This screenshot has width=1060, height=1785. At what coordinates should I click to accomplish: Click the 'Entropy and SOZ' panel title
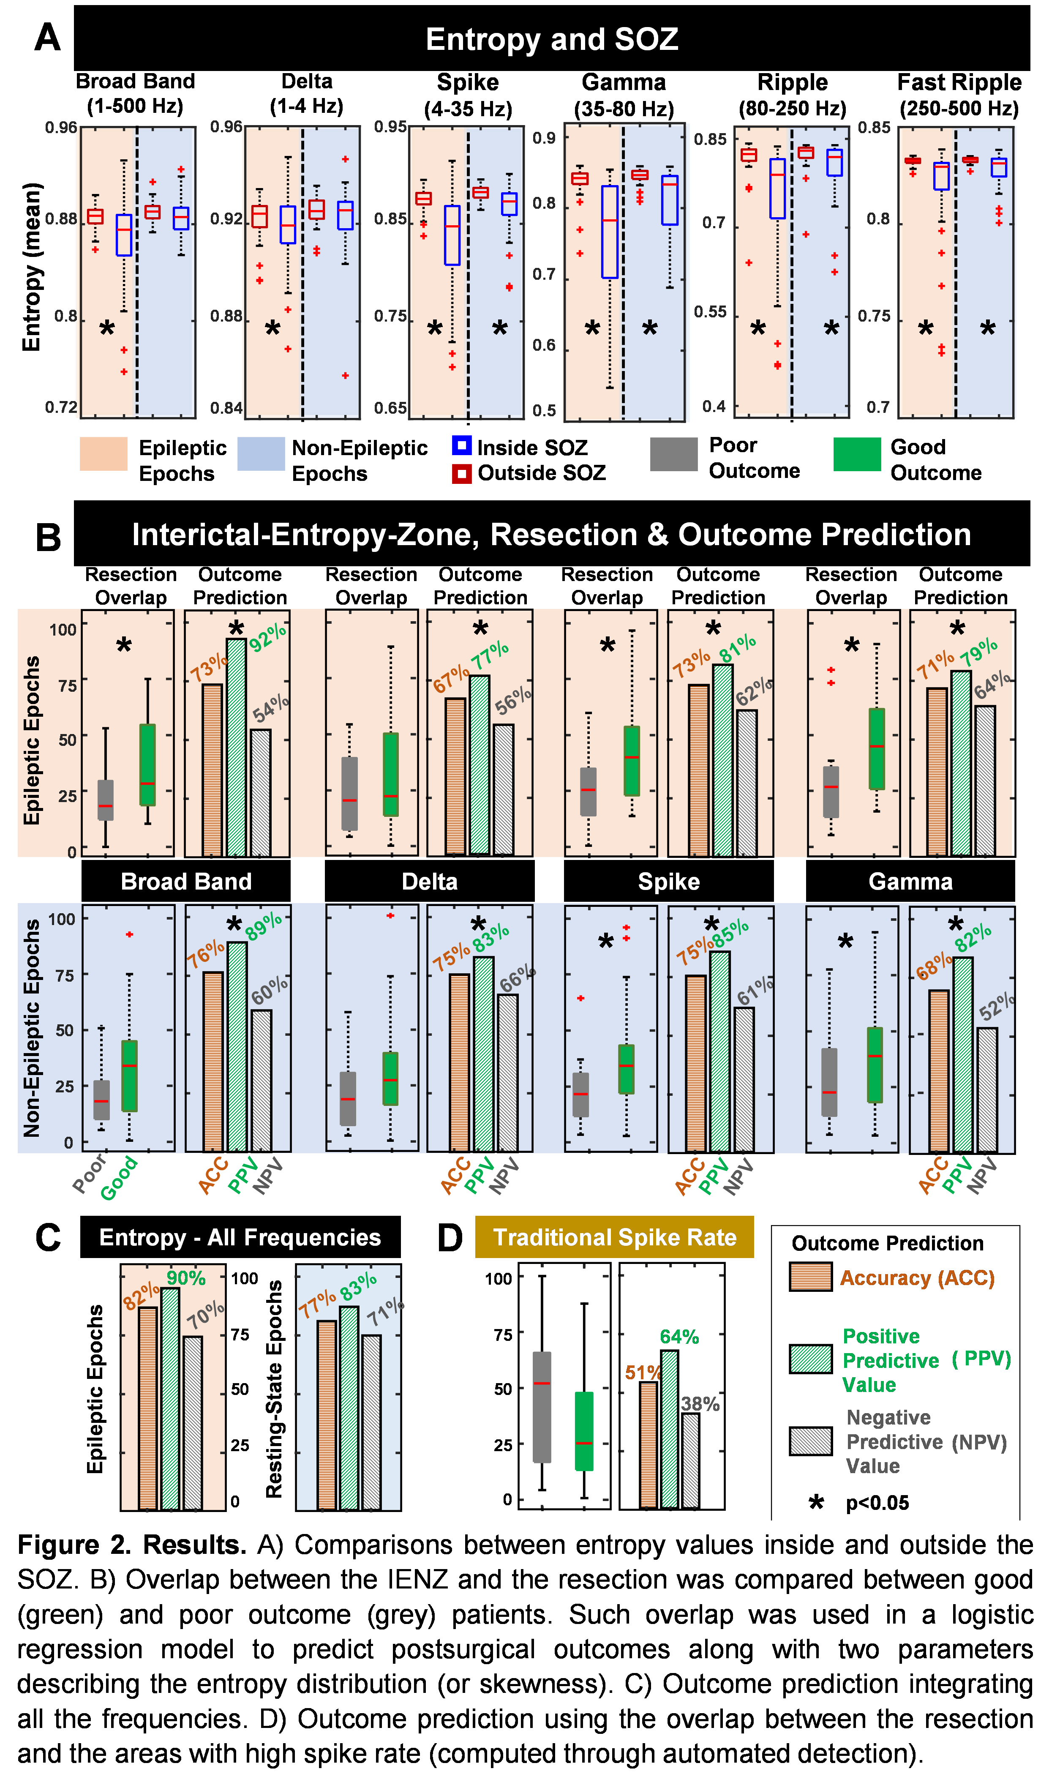(551, 39)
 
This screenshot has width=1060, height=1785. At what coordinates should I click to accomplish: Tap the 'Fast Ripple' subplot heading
(959, 83)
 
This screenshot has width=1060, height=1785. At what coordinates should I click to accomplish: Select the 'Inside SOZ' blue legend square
(461, 446)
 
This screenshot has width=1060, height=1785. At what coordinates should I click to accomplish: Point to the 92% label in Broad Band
(268, 636)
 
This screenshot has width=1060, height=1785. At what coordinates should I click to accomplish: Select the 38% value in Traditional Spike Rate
(700, 1403)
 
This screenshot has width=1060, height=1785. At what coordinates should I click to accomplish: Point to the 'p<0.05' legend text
(877, 1503)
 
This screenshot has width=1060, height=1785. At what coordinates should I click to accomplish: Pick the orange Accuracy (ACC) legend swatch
(810, 1277)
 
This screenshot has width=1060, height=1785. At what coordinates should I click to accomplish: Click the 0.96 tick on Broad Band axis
(61, 128)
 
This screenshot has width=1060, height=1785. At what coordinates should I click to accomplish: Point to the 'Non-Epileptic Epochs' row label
(31, 1028)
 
